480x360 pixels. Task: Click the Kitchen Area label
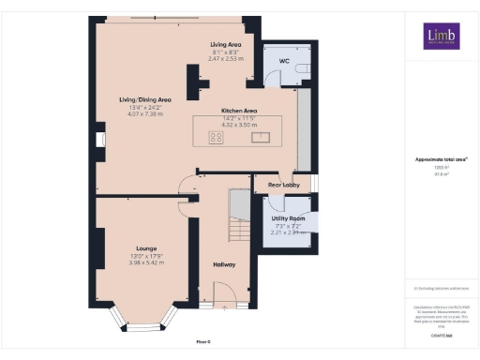click(x=238, y=110)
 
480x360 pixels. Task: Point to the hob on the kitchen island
click(x=216, y=137)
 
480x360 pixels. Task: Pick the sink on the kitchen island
click(x=259, y=137)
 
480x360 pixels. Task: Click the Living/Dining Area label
click(x=144, y=98)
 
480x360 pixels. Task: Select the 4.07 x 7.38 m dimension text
click(x=144, y=114)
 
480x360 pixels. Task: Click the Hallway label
click(x=223, y=264)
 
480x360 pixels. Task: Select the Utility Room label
click(x=288, y=217)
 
